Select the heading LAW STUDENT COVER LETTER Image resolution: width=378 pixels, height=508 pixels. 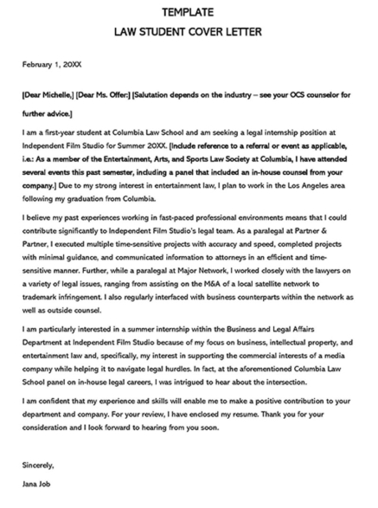189,33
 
